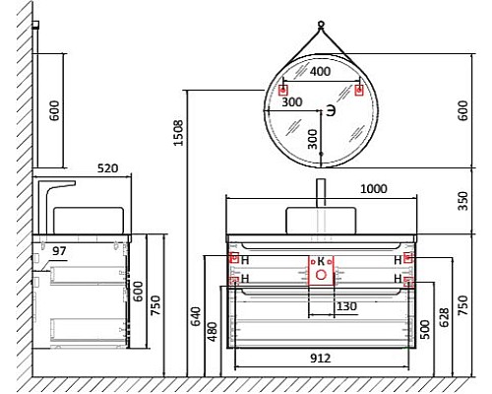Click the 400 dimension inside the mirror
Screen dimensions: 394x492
pos(321,73)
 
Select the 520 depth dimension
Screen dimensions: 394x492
pos(107,168)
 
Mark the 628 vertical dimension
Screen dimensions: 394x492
pos(447,316)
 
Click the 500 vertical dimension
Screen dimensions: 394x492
pos(425,328)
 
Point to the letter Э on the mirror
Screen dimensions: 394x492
pos(331,109)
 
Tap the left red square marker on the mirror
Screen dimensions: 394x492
pos(283,91)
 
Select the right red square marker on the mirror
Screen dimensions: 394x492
pos(358,91)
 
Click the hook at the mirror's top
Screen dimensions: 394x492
pos(321,23)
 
